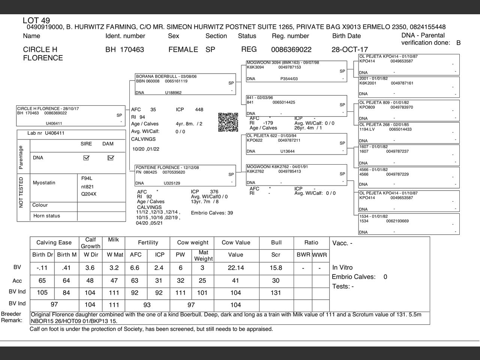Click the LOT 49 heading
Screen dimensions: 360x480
coord(36,20)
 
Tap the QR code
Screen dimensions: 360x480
coord(228,122)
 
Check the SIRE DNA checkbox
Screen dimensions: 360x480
coord(86,158)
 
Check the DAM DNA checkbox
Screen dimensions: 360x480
coord(110,158)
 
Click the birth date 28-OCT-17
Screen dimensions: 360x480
coord(349,49)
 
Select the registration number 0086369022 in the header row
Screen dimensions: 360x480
coord(291,49)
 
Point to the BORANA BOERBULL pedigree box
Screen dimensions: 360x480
coord(185,84)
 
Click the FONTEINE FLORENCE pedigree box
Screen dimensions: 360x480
coord(185,175)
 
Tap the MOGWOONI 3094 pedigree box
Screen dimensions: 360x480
coord(296,70)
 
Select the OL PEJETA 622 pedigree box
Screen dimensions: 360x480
coord(296,144)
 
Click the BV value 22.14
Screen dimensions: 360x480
coord(235,268)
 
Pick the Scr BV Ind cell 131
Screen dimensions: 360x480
coord(276,292)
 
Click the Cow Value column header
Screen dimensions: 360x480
coord(235,243)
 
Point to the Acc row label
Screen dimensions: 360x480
coord(17,281)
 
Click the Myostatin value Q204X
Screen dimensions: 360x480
coord(89,194)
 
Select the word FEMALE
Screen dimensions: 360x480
coord(183,49)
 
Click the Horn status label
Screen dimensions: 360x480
coord(46,216)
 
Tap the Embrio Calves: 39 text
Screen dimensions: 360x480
coord(212,213)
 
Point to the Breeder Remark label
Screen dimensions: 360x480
coord(12,317)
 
